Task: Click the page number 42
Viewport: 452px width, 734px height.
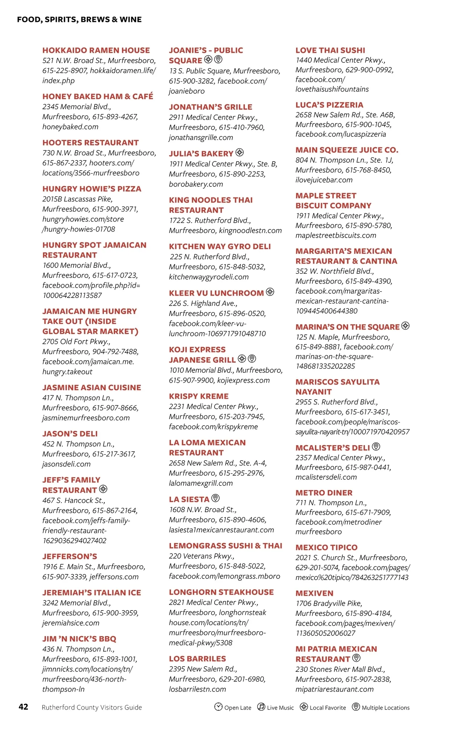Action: [x=23, y=707]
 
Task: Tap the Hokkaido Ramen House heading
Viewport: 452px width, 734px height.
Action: [x=96, y=50]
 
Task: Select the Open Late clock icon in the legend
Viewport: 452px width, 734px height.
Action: [x=218, y=707]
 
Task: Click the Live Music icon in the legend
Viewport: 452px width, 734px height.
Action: [x=261, y=707]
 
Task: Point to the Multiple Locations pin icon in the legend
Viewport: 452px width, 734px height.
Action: [x=356, y=707]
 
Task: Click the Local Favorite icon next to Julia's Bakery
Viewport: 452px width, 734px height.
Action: [x=240, y=153]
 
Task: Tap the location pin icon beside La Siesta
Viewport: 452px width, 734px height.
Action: [x=215, y=498]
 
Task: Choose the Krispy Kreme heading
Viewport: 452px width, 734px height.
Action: [x=199, y=396]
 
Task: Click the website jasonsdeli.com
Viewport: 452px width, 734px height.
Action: [x=66, y=464]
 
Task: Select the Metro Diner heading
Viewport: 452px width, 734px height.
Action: [x=324, y=493]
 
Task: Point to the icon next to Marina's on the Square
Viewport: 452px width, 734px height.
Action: [x=405, y=326]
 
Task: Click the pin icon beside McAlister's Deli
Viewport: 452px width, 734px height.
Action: [x=376, y=447]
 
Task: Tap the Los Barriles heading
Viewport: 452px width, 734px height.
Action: [x=197, y=659]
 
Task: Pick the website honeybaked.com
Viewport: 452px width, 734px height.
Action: [x=70, y=127]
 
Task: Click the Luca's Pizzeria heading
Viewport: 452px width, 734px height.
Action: [x=329, y=105]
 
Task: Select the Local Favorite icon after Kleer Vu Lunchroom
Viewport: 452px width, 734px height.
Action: [x=270, y=292]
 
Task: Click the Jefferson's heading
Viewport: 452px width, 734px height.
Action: [x=70, y=557]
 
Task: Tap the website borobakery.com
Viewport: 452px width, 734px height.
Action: [x=196, y=184]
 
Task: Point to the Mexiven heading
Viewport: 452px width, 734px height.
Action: [x=315, y=593]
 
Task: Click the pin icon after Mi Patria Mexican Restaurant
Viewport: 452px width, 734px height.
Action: [x=356, y=658]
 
